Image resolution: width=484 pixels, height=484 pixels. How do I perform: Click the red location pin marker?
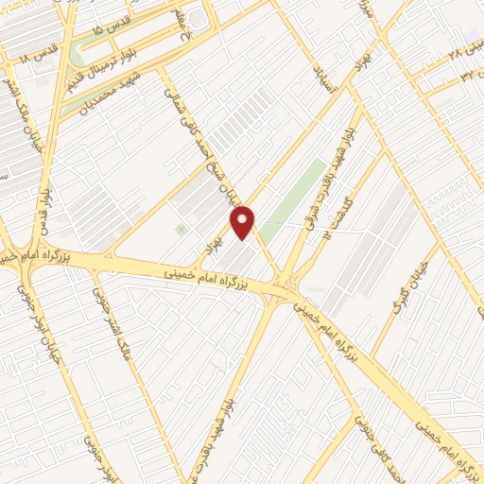pos(245,222)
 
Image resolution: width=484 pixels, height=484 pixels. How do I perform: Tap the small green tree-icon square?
pos(181,230)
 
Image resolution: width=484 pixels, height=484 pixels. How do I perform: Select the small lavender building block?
pos(472,36)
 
